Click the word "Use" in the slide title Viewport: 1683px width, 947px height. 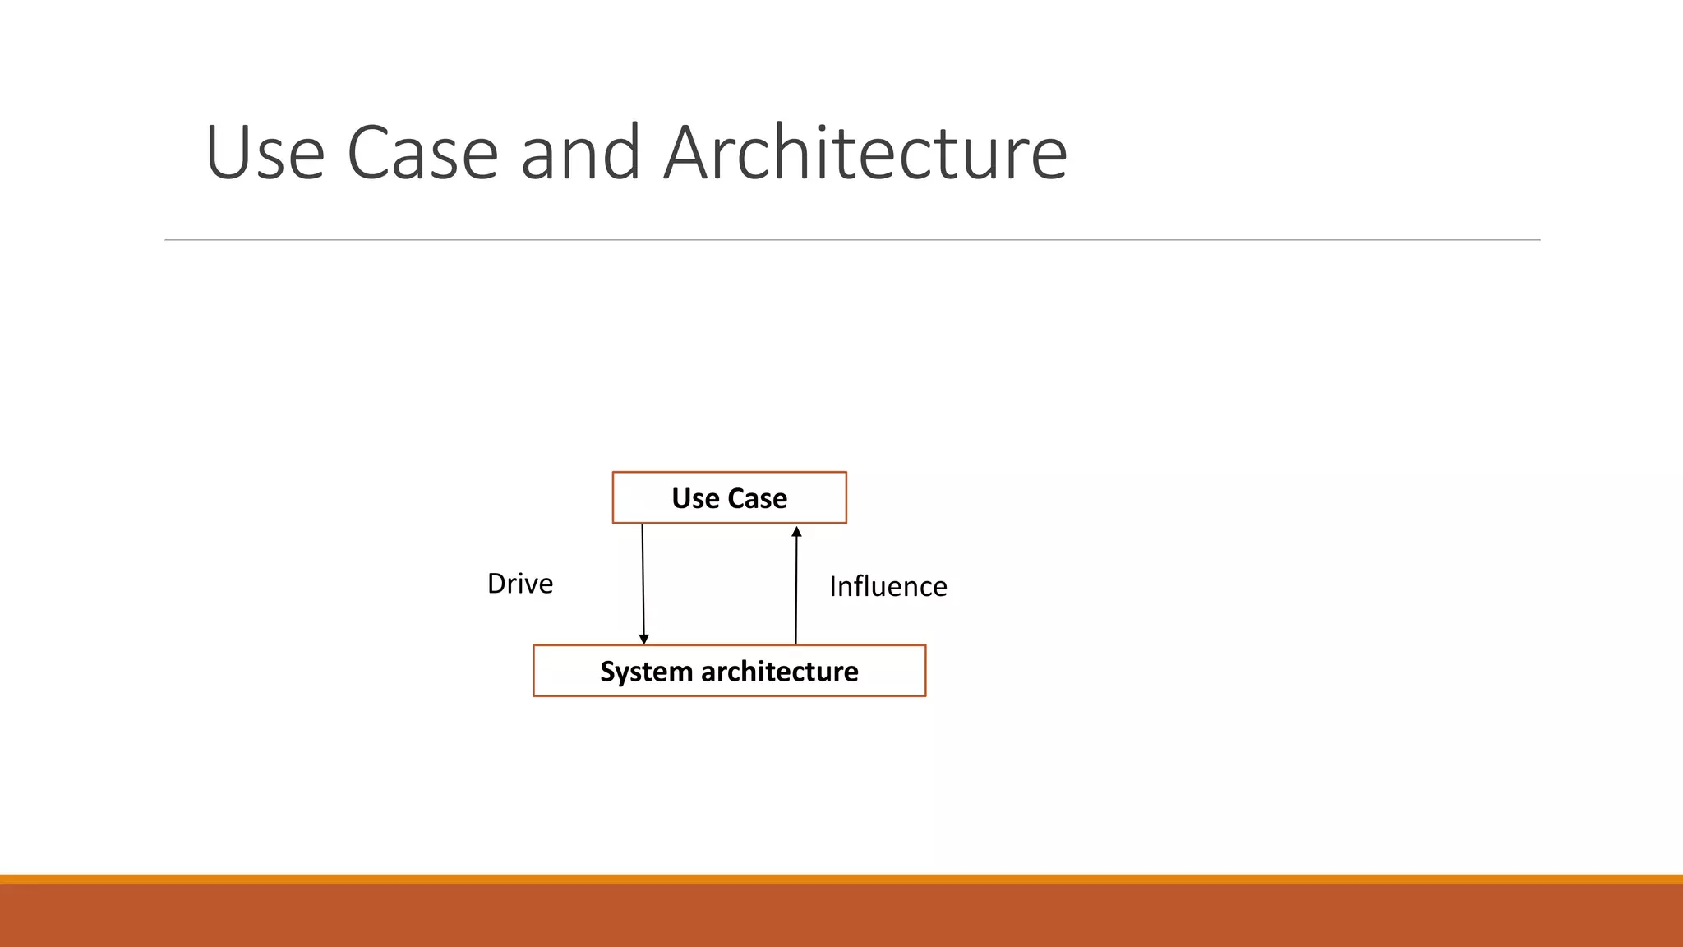tap(265, 153)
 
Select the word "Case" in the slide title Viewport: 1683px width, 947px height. tap(422, 153)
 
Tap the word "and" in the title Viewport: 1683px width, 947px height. tap(580, 153)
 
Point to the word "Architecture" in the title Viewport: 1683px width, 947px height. tap(865, 153)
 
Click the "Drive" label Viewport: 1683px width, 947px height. tap(520, 584)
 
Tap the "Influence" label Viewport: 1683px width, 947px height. tap(888, 587)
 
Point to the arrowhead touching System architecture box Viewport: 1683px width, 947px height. tap(643, 639)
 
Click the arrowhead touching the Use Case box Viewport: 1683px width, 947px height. tap(796, 532)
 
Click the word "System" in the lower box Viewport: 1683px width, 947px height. tap(646, 672)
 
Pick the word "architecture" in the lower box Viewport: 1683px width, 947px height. tap(780, 672)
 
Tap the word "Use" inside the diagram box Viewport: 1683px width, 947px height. tap(695, 498)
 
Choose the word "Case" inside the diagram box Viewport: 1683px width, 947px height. tap(757, 498)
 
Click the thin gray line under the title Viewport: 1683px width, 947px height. tap(852, 240)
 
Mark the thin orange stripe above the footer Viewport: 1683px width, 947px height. tap(841, 879)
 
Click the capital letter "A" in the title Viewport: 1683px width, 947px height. tap(686, 153)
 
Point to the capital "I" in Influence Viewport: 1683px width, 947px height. tap(833, 587)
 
